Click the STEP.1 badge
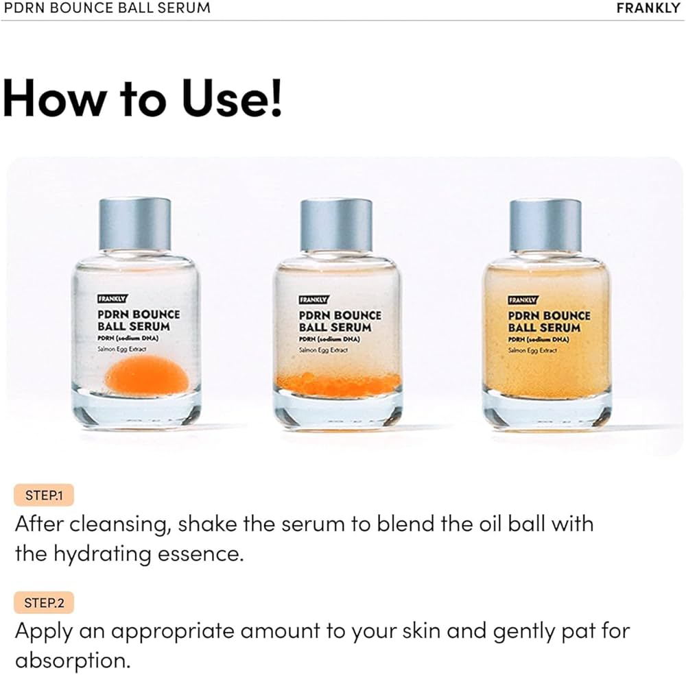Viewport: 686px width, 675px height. (44, 495)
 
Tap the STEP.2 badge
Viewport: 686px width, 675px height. (44, 602)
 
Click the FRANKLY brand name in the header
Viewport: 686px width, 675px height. (648, 8)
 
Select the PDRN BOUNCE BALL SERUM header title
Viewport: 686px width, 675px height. (107, 8)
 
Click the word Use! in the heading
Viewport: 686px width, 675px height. (232, 98)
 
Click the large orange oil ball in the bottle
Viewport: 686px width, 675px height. (147, 373)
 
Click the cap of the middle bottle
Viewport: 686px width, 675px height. (336, 224)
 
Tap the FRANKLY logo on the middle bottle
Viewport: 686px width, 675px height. (314, 299)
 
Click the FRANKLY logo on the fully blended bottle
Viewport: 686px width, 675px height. (523, 300)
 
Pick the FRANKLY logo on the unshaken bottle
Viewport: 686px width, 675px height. (112, 299)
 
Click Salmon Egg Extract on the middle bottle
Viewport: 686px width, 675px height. (323, 349)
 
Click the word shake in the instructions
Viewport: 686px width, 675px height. (207, 524)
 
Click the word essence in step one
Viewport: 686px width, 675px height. (200, 554)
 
